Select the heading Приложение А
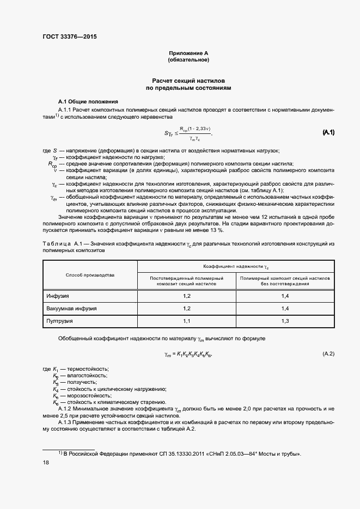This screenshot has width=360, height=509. (x=188, y=53)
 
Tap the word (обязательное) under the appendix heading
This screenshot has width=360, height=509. (x=188, y=59)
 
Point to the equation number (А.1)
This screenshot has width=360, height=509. (x=328, y=132)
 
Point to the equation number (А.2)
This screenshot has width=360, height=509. (x=328, y=354)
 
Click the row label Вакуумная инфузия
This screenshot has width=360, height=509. (x=71, y=309)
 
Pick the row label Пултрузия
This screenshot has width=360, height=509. (x=60, y=322)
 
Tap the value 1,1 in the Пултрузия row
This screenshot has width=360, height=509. (x=187, y=322)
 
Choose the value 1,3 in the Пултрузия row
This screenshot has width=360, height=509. (x=285, y=322)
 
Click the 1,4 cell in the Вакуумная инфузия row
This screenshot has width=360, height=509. (x=285, y=309)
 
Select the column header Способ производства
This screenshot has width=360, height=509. (x=90, y=275)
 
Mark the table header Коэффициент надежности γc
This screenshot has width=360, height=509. (x=236, y=267)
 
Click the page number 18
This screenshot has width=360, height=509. (x=46, y=462)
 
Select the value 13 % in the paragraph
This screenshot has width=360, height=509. (x=217, y=230)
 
